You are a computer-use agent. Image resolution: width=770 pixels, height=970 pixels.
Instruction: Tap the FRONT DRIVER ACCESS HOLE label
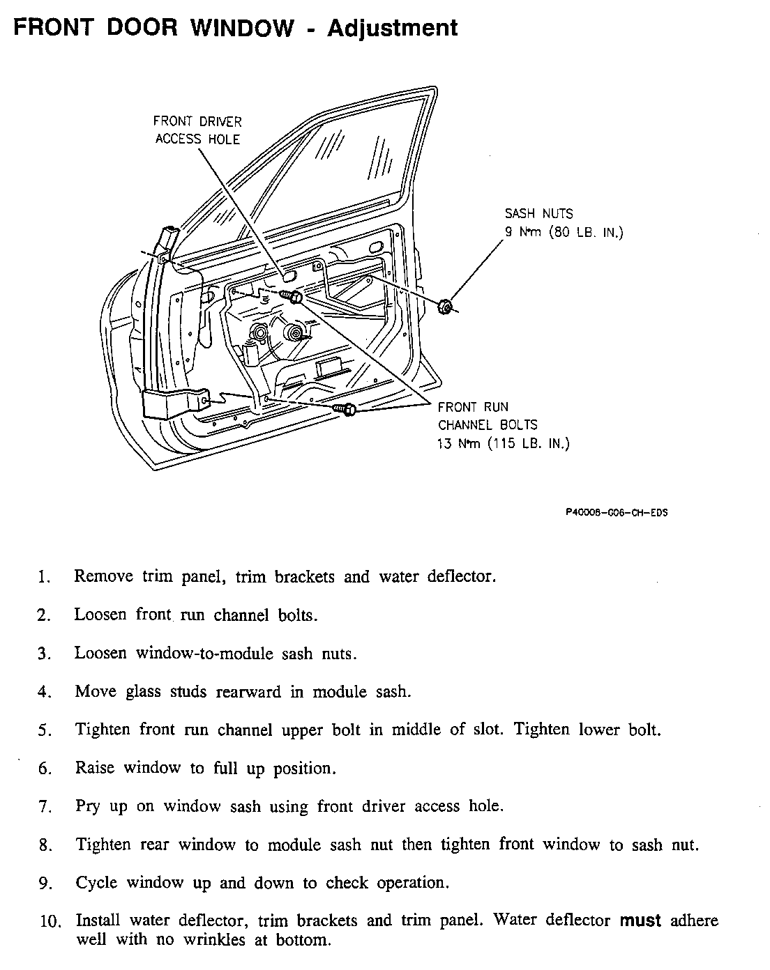[x=197, y=130]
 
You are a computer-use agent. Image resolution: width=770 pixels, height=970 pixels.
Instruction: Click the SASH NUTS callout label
[x=538, y=214]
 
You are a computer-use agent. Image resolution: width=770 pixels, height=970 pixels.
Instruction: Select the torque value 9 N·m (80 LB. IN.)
[x=564, y=232]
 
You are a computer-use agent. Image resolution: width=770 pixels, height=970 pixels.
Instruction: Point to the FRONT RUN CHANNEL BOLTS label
[x=488, y=416]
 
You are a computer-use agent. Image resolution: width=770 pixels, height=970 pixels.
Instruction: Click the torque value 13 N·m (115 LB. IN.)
[x=503, y=443]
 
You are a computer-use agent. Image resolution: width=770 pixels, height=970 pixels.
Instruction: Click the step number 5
[x=45, y=731]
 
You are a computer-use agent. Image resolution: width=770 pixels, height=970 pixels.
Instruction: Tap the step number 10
[x=49, y=921]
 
